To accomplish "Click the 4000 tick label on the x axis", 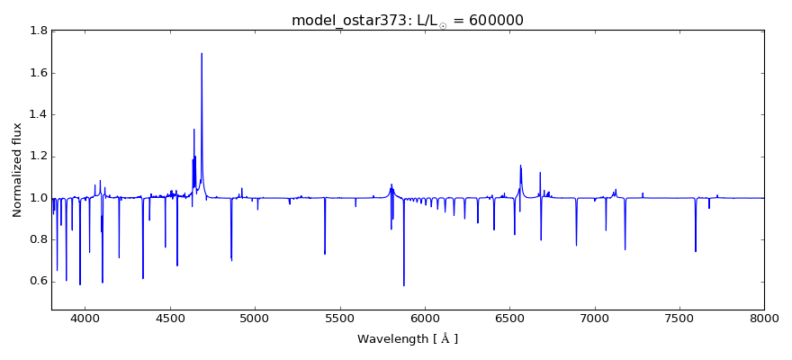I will (x=85, y=318).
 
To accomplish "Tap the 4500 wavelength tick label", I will (x=170, y=318).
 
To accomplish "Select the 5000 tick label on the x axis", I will (x=255, y=318).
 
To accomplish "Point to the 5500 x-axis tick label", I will (x=340, y=318).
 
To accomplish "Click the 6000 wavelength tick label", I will (x=425, y=318).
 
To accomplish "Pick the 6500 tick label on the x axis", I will (x=509, y=318).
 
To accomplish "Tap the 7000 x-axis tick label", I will (x=595, y=318).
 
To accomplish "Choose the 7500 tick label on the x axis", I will (x=679, y=318).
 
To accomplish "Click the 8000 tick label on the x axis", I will (x=764, y=318).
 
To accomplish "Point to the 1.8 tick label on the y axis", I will (x=37, y=31).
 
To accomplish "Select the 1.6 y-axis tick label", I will (x=37, y=73).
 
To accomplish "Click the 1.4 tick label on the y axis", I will (x=37, y=114).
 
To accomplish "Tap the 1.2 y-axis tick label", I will (x=37, y=157).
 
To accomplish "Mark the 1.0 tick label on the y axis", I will (x=37, y=198).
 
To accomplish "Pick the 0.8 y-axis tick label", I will (x=37, y=239).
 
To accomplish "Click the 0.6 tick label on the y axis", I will (x=37, y=281).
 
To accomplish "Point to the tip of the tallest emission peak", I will (x=202, y=53).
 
